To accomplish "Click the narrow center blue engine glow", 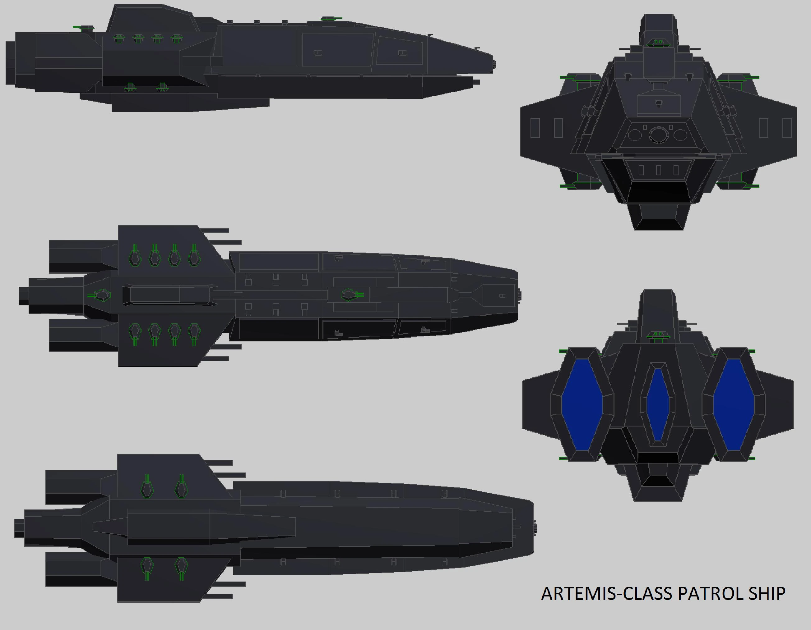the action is click(658, 404).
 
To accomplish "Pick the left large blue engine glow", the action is click(582, 405).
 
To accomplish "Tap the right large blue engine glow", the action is click(733, 405).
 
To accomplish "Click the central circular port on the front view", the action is click(658, 134).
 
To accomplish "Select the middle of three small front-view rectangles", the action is click(658, 170).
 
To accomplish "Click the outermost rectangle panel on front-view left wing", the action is click(535, 128).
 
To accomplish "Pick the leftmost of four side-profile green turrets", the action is click(118, 38).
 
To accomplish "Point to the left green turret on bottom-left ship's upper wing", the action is click(147, 487).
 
